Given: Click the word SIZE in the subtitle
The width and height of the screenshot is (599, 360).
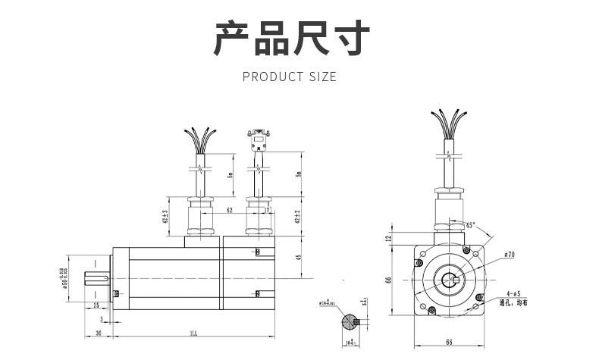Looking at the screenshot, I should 323,77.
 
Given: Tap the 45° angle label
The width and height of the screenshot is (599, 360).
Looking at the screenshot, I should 470,225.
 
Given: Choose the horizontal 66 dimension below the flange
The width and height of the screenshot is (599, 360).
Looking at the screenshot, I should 449,343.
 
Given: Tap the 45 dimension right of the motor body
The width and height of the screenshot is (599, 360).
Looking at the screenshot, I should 300,256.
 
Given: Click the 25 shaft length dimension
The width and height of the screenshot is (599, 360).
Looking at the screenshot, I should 96,305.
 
